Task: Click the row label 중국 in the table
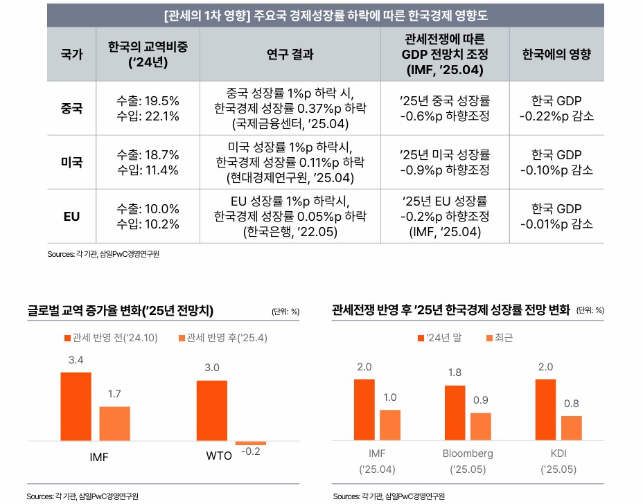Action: coord(72,109)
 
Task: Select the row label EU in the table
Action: coord(72,217)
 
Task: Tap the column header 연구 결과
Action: coord(290,54)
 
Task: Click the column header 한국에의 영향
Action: coord(556,54)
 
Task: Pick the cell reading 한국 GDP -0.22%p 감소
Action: coord(556,109)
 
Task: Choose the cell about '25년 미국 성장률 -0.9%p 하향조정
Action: coord(445,162)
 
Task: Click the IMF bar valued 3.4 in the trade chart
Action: coord(76,406)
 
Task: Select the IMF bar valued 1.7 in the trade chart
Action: coord(115,424)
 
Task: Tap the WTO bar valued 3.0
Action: coord(212,411)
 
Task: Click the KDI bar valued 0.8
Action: coord(572,429)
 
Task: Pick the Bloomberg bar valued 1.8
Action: coord(455,413)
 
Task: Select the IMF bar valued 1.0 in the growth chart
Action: coord(390,426)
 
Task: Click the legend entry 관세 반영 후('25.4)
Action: coord(223,338)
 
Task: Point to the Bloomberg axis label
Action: coord(468,453)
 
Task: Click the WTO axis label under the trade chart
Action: coord(220,457)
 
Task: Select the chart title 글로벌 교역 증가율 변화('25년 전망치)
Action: coord(121,310)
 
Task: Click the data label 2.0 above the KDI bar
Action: coord(545,366)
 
